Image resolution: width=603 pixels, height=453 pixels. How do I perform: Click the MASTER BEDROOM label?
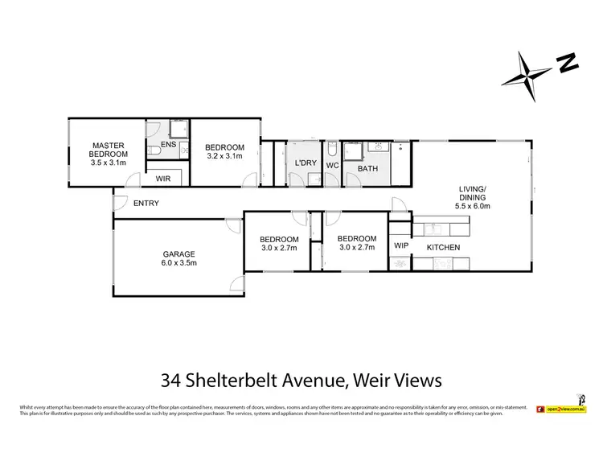pyautogui.click(x=107, y=150)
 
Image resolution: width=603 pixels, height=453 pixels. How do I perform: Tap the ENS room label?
pyautogui.click(x=168, y=145)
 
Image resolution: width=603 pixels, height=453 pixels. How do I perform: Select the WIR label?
pyautogui.click(x=162, y=178)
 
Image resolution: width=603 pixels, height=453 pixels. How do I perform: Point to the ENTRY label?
pyautogui.click(x=146, y=204)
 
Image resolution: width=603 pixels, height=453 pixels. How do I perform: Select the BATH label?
pyautogui.click(x=367, y=168)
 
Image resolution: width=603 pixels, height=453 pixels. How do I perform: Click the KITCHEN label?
pyautogui.click(x=443, y=247)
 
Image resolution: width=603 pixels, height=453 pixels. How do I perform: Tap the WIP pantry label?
pyautogui.click(x=400, y=246)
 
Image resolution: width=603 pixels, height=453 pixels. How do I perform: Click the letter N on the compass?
pyautogui.click(x=568, y=63)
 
